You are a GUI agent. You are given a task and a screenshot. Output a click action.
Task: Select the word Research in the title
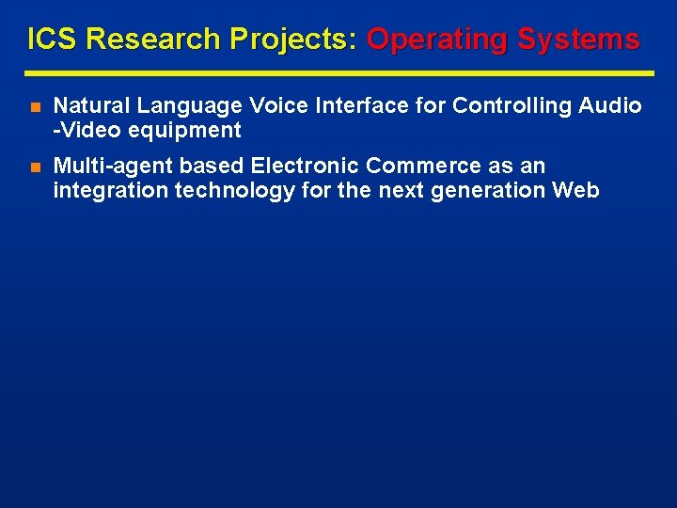point(143,40)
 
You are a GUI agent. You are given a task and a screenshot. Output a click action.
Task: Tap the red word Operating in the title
point(433,40)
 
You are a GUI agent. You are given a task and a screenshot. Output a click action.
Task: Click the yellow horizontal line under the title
point(339,72)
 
